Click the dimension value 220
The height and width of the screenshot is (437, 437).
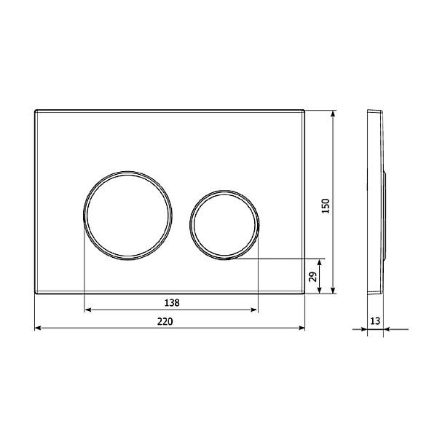tap(165, 321)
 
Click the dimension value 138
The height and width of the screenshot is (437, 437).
tap(172, 303)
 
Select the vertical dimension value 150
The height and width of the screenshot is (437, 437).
tap(326, 206)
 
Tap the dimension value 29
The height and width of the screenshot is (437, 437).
tap(313, 277)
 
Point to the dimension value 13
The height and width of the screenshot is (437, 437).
tap(375, 321)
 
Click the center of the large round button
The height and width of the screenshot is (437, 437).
tap(127, 216)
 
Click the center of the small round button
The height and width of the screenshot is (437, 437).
tap(224, 225)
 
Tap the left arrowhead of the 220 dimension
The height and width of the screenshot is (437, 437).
tap(38, 328)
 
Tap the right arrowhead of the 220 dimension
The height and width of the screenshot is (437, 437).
tap(302, 328)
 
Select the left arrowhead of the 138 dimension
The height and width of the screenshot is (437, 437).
tap(88, 310)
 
